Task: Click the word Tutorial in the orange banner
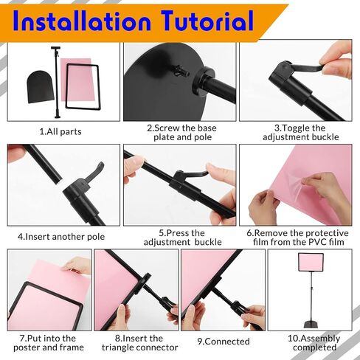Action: tap(208, 21)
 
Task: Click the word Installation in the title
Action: tap(82, 21)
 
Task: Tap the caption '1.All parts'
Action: tap(60, 131)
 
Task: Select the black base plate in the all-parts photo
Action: tap(41, 87)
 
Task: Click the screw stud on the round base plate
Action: tap(181, 71)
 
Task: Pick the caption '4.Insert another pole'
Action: tap(61, 237)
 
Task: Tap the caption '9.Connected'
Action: tap(224, 342)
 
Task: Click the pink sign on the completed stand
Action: tap(311, 262)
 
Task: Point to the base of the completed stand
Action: tap(311, 324)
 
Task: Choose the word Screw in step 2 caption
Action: tap(167, 128)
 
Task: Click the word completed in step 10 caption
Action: tap(314, 347)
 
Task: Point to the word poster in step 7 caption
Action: tap(27, 347)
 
